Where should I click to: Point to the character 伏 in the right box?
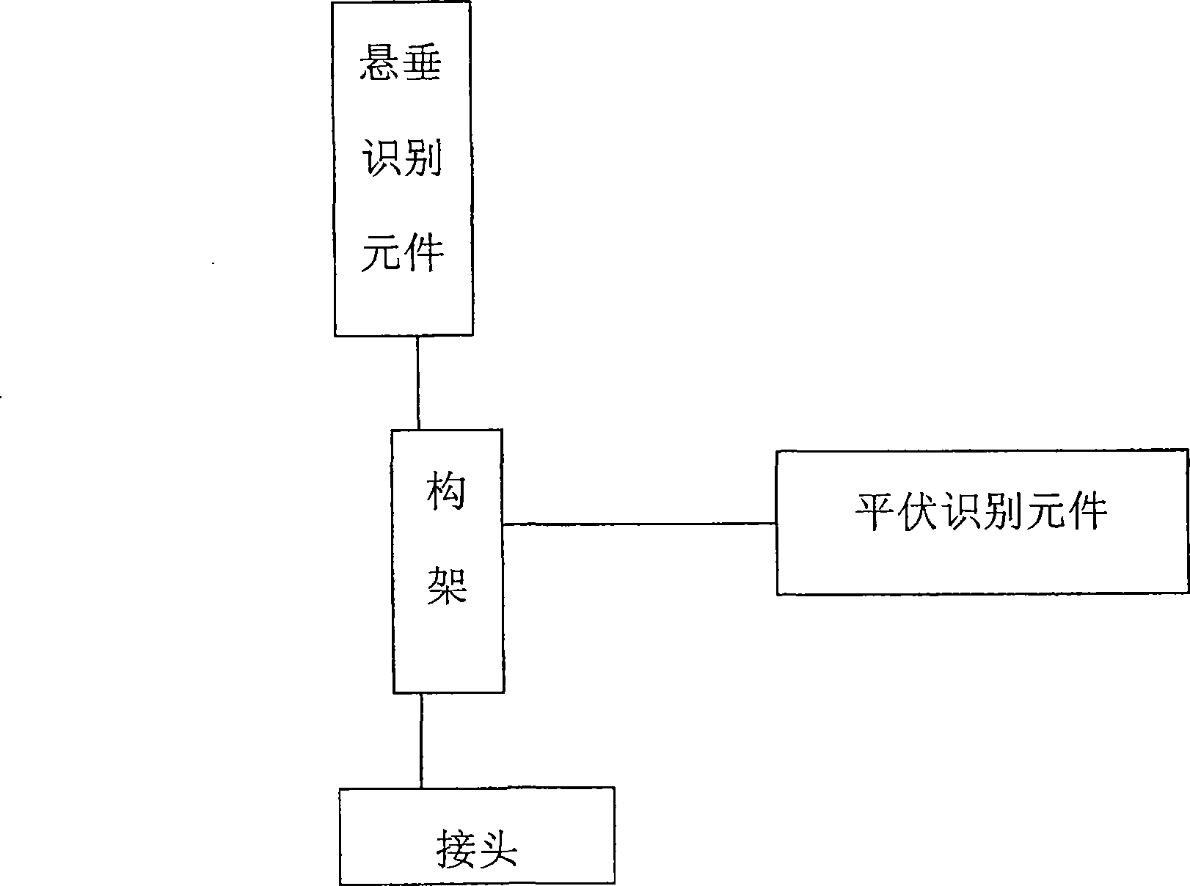click(x=920, y=511)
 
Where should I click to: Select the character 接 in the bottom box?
click(x=455, y=849)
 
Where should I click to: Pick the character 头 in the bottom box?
click(x=498, y=849)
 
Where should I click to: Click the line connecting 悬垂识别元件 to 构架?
click(x=417, y=382)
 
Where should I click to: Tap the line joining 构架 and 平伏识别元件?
click(x=639, y=524)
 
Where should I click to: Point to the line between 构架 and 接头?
click(x=421, y=740)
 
